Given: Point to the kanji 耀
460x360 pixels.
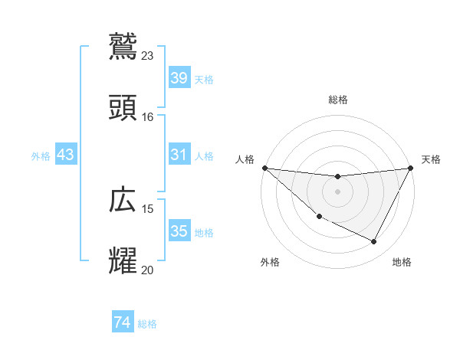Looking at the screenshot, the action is pos(123,260).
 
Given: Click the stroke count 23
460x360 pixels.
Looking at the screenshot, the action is pos(148,55).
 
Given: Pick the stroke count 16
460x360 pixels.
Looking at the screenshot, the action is pos(148,116).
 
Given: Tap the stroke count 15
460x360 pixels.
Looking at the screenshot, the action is pos(148,208).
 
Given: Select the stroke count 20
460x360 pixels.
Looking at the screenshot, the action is pos(148,270).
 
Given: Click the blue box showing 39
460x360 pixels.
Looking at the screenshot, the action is pos(179,78).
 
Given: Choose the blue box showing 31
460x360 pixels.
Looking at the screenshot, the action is pos(179,155).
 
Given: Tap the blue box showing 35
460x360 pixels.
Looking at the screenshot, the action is pos(179,231).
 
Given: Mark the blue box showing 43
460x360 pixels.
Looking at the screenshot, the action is pos(66,155).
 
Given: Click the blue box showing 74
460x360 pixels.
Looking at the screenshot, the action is pos(122,323).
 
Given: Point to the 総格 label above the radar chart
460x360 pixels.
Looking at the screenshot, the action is pos(338,100).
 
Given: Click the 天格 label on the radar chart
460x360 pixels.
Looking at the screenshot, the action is pos(431,159).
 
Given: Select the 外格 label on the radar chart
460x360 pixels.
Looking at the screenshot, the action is pos(270,262).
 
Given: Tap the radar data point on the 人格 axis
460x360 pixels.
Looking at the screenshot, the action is pos(264,168).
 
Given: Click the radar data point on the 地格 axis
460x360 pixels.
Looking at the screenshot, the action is pos(374,242).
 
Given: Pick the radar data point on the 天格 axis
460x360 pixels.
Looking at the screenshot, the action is pos(410,168).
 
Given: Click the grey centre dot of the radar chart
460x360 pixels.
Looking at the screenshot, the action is pos(337,191).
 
